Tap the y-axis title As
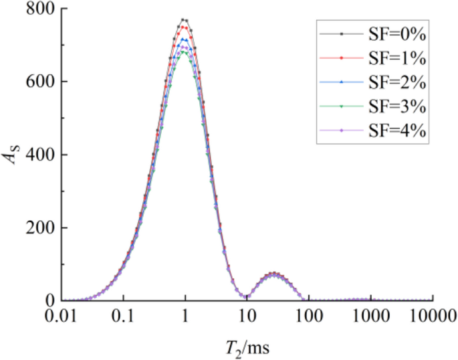[x=15, y=155]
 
